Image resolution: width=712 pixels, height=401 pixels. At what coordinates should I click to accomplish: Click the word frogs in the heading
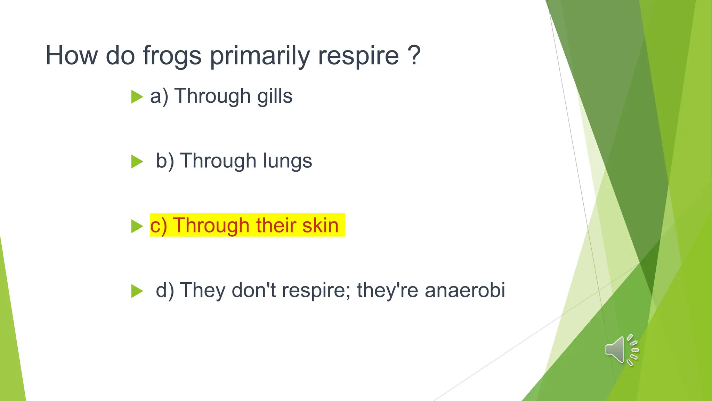click(172, 56)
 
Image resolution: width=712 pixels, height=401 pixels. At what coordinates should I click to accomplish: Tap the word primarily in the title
click(260, 56)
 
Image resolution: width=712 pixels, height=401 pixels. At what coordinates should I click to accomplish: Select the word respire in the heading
click(358, 56)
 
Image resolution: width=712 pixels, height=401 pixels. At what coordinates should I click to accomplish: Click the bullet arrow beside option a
click(137, 97)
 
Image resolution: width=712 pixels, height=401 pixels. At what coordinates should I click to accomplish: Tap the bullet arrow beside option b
click(137, 162)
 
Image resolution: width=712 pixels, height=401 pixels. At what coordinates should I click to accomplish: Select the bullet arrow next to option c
click(137, 226)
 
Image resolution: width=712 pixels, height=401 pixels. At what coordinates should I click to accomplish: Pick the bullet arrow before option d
click(137, 291)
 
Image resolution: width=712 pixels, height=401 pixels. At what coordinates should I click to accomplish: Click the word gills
click(275, 96)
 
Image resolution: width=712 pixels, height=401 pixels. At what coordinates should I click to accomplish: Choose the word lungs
click(287, 161)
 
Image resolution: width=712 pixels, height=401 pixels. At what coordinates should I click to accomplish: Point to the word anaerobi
click(465, 290)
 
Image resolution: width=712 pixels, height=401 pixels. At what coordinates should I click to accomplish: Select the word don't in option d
click(253, 290)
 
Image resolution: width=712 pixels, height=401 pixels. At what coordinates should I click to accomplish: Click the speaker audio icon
click(621, 350)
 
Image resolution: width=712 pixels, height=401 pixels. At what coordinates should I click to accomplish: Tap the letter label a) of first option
click(159, 96)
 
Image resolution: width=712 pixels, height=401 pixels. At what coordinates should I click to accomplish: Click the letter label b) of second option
click(165, 161)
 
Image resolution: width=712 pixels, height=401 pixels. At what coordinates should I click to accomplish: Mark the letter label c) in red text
click(159, 226)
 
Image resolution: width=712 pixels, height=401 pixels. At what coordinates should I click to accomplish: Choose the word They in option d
click(202, 290)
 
